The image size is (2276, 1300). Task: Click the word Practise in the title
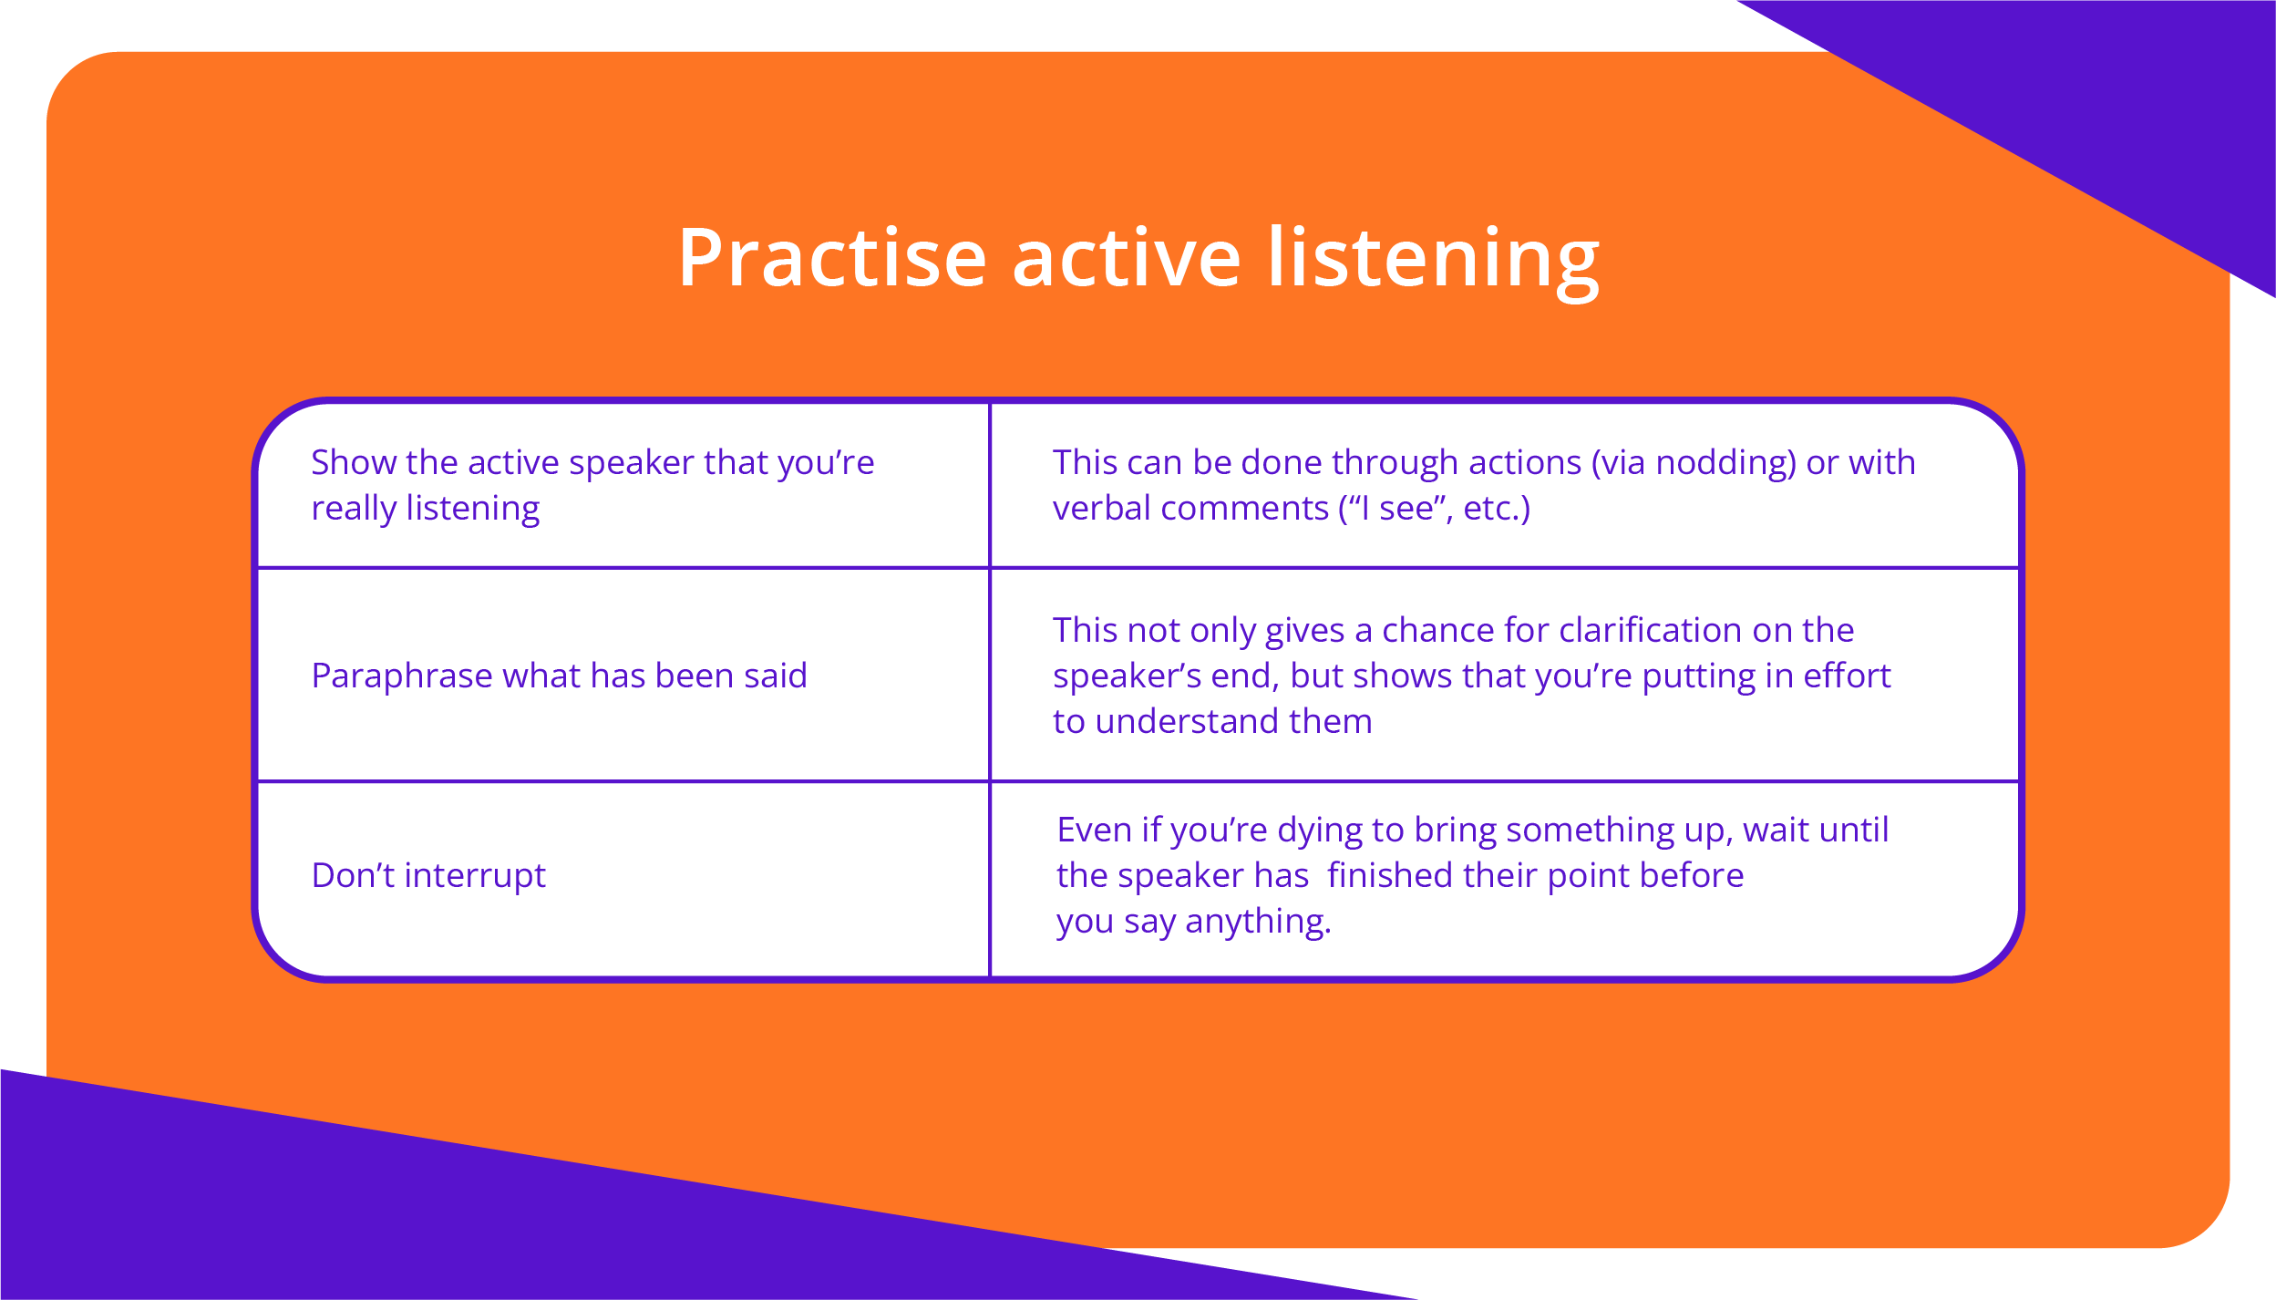(x=832, y=259)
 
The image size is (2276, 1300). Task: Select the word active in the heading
(x=1127, y=259)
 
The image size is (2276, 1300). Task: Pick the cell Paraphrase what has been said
(x=623, y=675)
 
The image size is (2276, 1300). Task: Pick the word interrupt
(x=475, y=876)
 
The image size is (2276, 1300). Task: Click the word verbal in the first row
(x=1100, y=508)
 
